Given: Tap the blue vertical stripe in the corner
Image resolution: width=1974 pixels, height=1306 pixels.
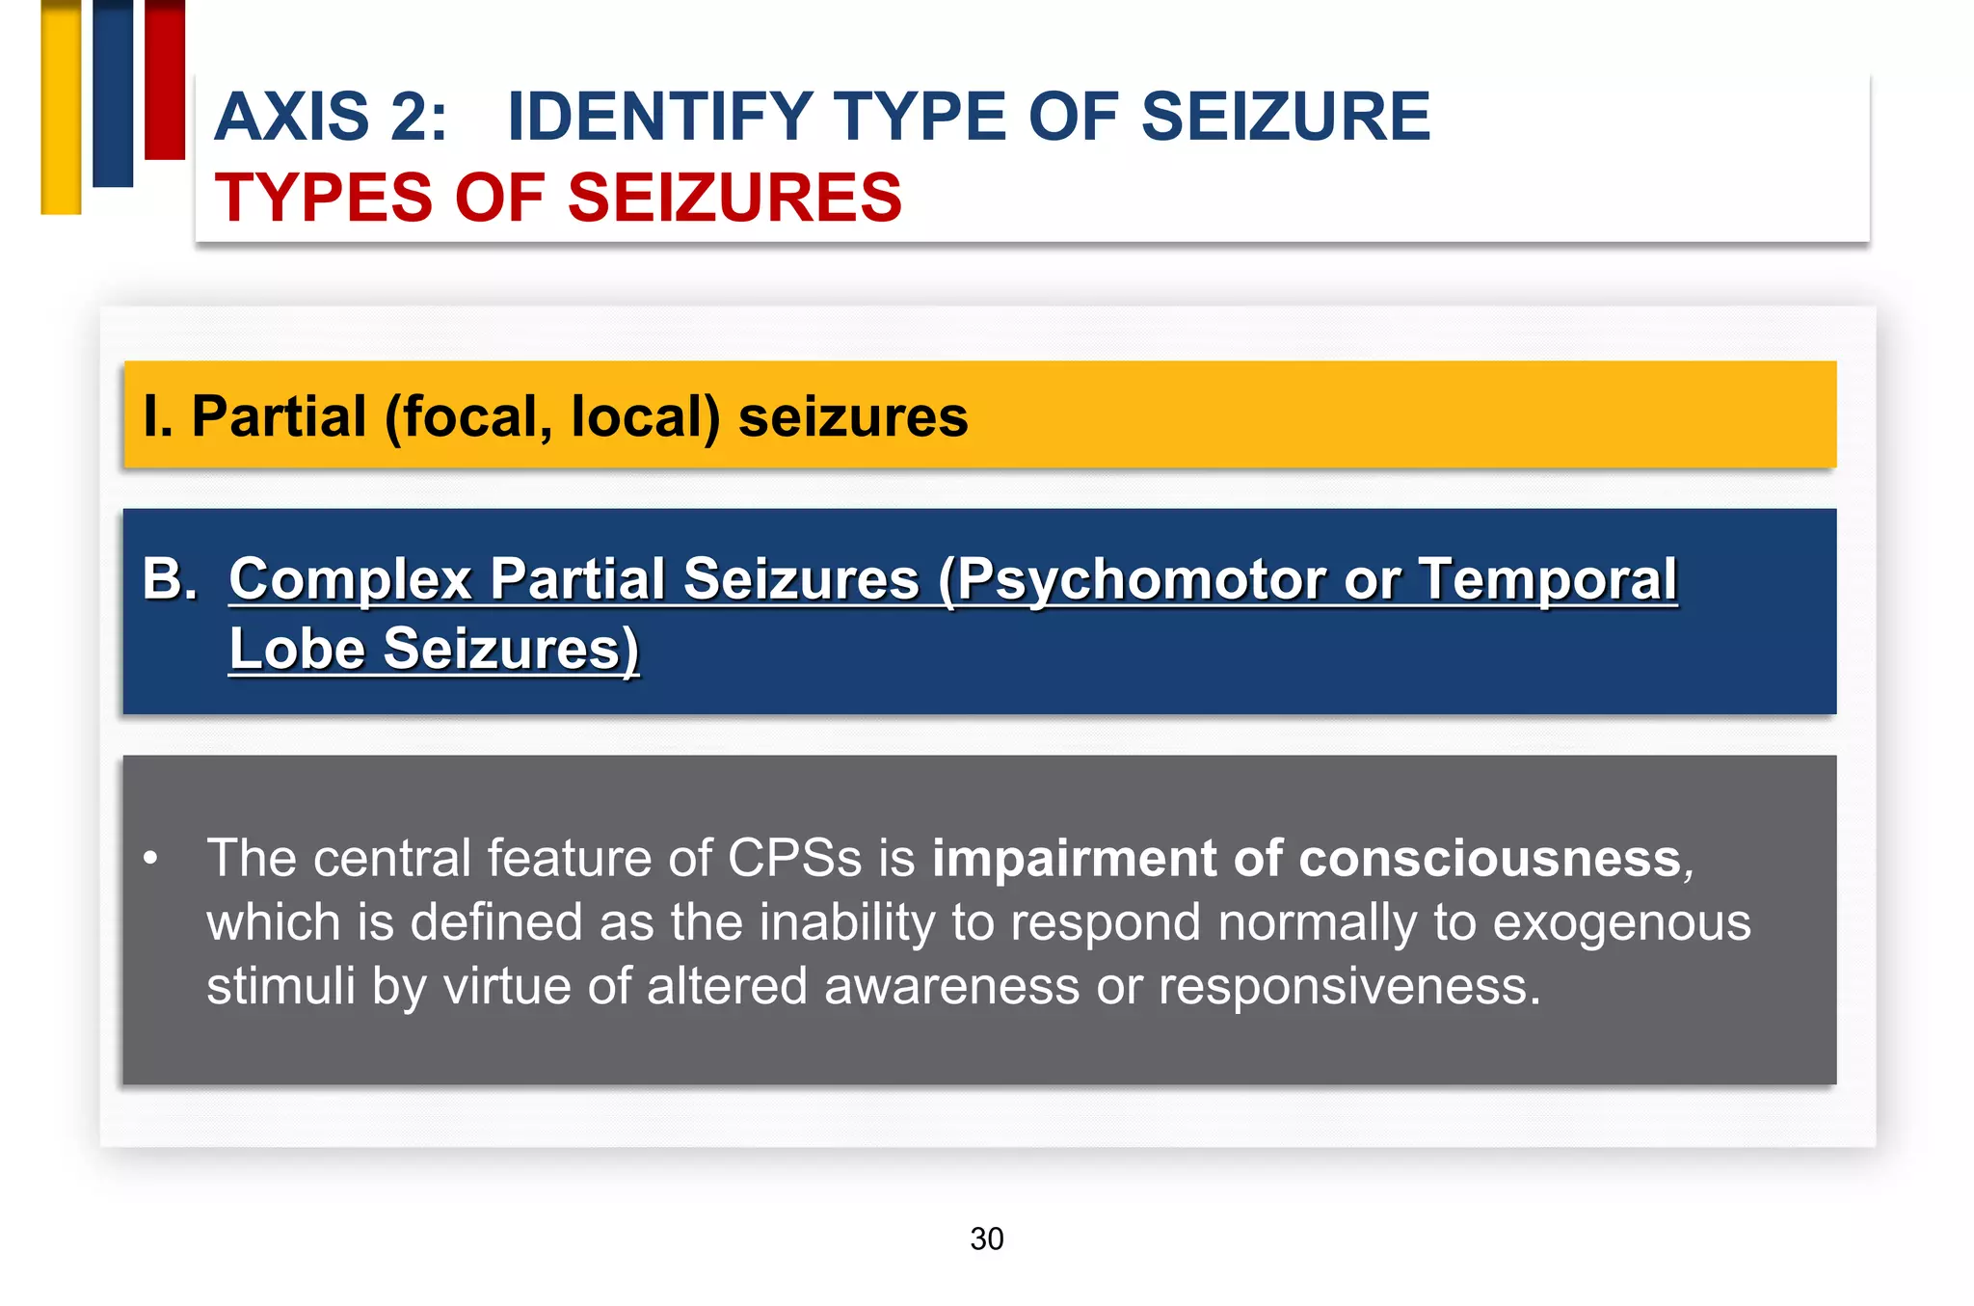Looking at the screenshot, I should (x=113, y=93).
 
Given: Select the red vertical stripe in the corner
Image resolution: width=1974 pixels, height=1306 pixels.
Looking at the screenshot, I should (x=165, y=79).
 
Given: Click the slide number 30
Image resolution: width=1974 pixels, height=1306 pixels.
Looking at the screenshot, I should (x=986, y=1239).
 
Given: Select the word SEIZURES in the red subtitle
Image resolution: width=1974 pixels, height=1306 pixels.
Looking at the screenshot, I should (x=734, y=198).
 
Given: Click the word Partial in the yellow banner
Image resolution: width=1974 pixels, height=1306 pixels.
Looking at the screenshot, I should (x=280, y=416).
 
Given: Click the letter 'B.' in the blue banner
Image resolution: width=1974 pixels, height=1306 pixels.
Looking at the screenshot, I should (x=170, y=578).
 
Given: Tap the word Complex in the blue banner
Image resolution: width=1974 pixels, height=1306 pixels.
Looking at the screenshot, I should (x=350, y=579).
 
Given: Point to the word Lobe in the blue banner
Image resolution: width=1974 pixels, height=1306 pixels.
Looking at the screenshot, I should (x=297, y=648).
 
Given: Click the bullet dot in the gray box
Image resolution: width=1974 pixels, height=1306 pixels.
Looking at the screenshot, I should (x=150, y=857).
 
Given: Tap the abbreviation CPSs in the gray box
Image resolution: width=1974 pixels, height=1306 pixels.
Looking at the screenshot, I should (x=794, y=858).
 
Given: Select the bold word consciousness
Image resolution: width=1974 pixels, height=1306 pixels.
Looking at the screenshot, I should (x=1456, y=858).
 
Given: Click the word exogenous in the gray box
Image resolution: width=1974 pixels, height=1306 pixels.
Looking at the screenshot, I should (x=1621, y=922).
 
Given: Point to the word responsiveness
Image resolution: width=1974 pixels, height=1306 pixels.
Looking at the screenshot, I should (x=1348, y=986).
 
